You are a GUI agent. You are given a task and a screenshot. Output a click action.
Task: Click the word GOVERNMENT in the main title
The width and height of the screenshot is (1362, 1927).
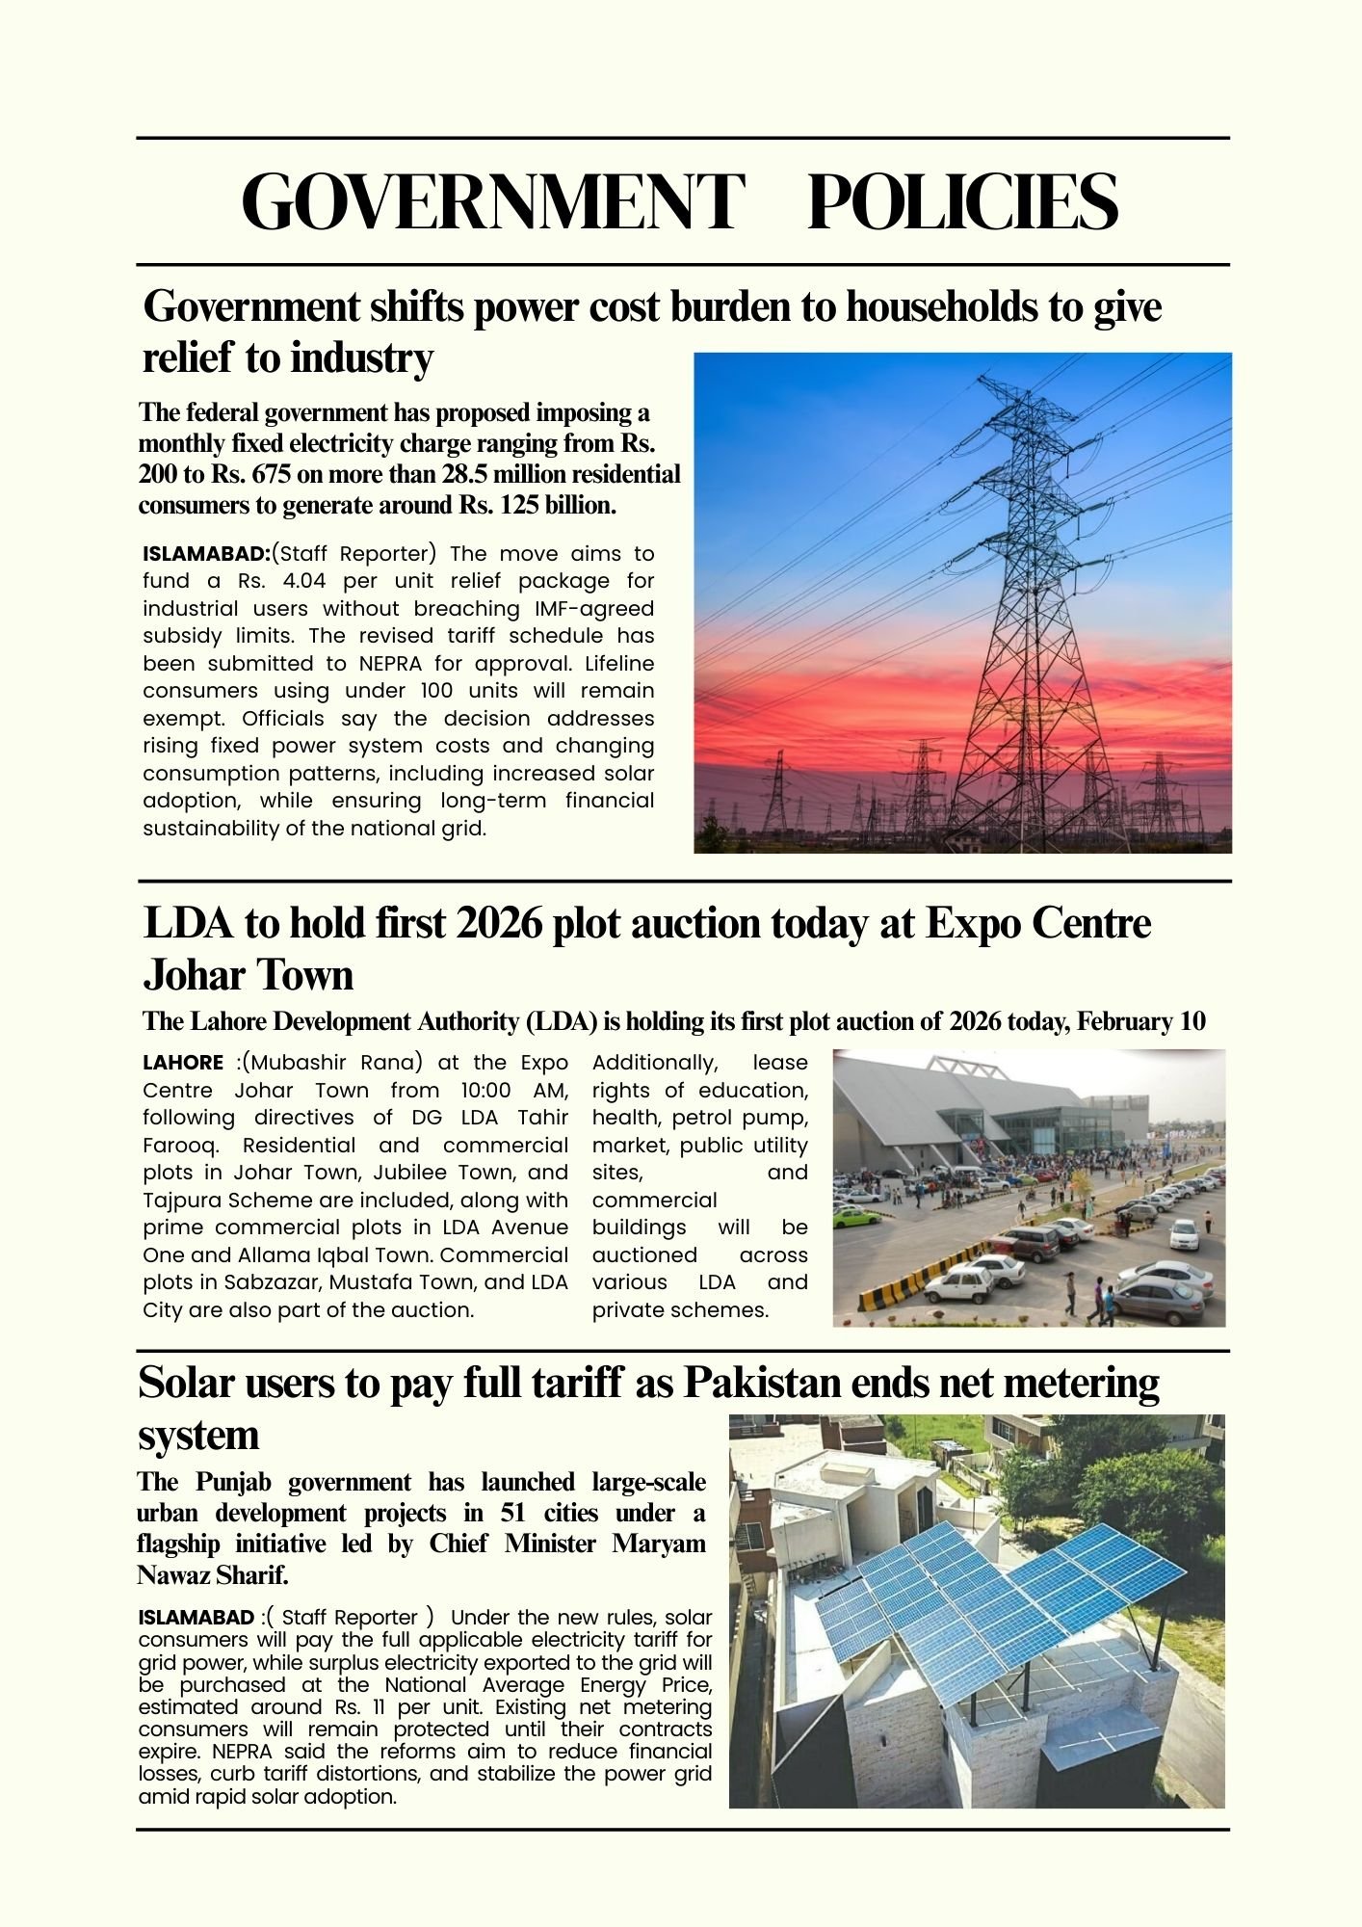pyautogui.click(x=491, y=202)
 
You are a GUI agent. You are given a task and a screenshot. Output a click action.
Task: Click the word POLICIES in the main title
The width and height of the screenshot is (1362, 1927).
pyautogui.click(x=962, y=202)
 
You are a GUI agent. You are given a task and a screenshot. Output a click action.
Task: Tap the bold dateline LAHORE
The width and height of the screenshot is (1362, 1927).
pyautogui.click(x=183, y=1063)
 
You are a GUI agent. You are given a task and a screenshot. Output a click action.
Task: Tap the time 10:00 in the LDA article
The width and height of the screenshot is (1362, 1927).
pyautogui.click(x=483, y=1091)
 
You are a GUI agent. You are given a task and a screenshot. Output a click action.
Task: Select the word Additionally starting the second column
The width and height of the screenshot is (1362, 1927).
pyautogui.click(x=655, y=1063)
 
